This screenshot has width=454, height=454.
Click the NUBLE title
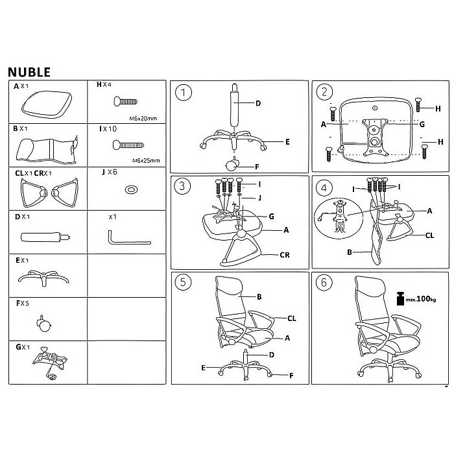click(x=29, y=71)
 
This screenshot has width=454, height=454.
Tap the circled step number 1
click(x=185, y=93)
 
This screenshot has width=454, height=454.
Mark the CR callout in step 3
click(x=285, y=255)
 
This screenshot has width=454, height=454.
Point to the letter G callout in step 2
click(x=422, y=124)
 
